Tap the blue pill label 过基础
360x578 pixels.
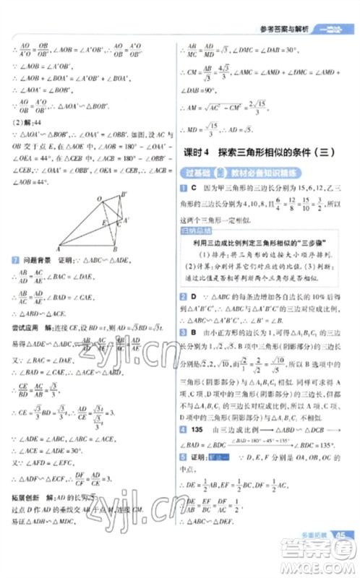click(194, 171)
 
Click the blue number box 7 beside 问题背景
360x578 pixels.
click(16, 259)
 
